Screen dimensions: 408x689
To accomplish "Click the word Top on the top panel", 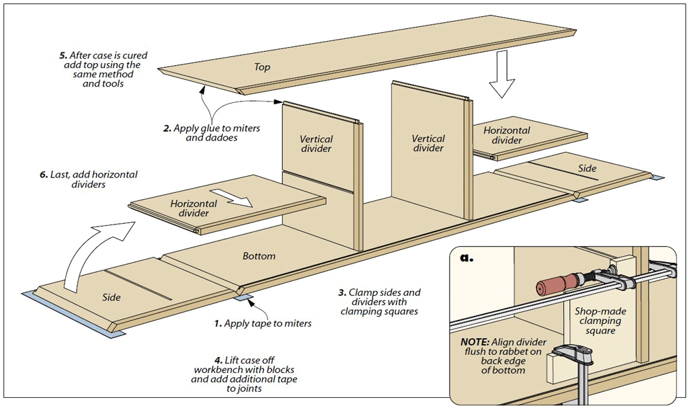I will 262,67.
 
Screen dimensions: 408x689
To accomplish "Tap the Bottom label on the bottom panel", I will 259,256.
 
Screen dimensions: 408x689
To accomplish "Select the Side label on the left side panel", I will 112,296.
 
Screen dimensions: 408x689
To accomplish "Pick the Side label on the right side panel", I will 587,168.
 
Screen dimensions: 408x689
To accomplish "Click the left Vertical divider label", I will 316,144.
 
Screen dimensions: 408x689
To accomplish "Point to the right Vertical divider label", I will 428,143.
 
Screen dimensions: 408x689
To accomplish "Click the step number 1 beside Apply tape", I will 218,324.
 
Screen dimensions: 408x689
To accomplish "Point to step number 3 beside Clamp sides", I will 341,292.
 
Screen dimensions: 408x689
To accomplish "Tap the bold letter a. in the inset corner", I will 465,257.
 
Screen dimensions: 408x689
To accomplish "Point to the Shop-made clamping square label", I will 598,321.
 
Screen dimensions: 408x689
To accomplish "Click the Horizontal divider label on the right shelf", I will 507,135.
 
